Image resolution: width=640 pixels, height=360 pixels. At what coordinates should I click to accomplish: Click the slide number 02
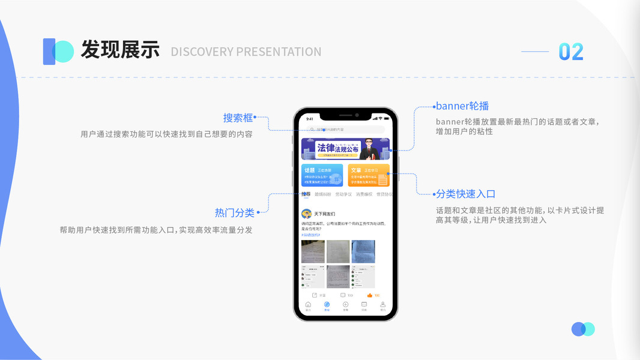point(570,52)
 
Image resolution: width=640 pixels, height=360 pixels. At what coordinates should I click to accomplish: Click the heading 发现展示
point(120,50)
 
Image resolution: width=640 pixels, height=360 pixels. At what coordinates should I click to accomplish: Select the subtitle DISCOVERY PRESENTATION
point(246,52)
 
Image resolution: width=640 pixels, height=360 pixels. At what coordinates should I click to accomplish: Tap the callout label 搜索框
point(238,118)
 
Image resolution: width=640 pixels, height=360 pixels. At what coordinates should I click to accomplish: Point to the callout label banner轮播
point(462,106)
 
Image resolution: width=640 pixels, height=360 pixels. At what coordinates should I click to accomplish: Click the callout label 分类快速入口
point(466,194)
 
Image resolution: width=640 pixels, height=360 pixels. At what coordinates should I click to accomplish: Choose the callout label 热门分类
point(235,212)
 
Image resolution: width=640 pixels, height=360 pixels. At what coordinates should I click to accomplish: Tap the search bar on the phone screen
point(345,130)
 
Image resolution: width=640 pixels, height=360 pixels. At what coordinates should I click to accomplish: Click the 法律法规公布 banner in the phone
point(345,149)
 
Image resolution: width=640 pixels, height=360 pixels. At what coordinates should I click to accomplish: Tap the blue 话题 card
point(322,175)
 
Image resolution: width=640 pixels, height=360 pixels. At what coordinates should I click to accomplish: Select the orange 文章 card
point(369,175)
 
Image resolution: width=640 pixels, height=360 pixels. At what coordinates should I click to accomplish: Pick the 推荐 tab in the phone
point(306,194)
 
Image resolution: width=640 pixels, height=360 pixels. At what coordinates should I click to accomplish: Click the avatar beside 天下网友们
point(306,214)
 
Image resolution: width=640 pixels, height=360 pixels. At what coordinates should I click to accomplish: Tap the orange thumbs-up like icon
point(370,295)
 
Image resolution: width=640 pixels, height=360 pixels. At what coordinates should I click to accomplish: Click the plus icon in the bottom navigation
point(345,305)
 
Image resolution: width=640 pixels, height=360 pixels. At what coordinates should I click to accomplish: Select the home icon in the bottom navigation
point(308,305)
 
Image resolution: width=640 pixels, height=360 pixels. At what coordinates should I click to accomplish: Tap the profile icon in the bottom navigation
point(382,305)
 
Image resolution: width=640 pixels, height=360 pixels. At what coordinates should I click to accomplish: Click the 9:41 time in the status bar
point(310,119)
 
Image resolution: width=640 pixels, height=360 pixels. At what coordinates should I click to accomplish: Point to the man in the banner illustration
point(368,149)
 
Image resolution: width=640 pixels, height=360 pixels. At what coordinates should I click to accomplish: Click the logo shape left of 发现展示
point(58,52)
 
